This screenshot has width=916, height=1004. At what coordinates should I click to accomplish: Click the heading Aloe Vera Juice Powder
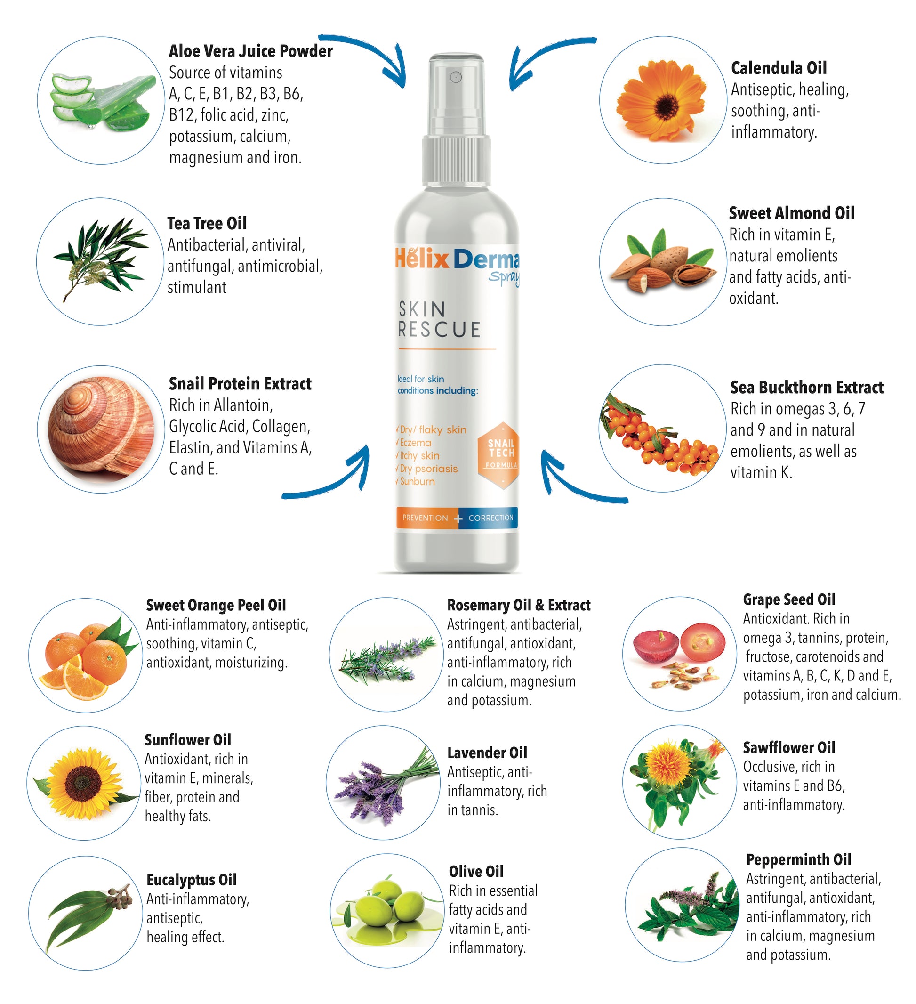[x=250, y=51]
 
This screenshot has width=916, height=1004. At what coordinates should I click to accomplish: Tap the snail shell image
[x=102, y=429]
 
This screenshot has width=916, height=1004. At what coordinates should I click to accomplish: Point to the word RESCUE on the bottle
[x=439, y=330]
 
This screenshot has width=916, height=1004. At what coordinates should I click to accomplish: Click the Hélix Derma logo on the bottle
[x=457, y=259]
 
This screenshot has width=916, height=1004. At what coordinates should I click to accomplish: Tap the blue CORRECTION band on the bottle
[x=490, y=518]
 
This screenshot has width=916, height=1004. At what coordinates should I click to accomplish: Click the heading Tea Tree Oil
[x=207, y=224]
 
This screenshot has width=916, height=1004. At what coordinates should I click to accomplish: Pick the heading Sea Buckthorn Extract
[x=806, y=388]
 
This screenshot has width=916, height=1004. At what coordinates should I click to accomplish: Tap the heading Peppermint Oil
[x=798, y=859]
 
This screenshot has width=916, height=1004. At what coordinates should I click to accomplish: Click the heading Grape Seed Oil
[x=789, y=599]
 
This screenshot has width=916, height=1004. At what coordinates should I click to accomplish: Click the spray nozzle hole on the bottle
[x=456, y=77]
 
